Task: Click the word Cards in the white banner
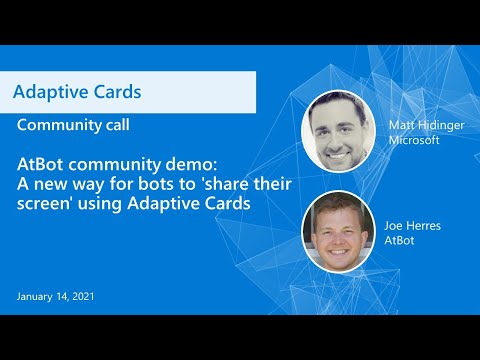pos(115,92)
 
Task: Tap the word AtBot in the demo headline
pos(41,163)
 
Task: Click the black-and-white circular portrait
pos(339,130)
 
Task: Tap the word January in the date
pos(37,297)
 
